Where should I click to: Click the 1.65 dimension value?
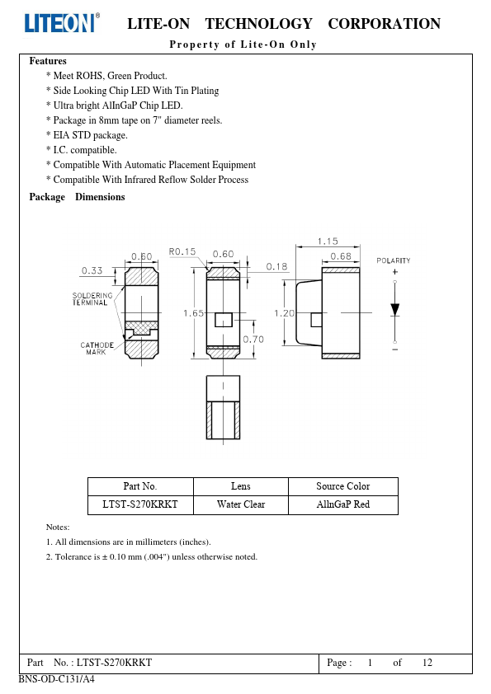click(194, 313)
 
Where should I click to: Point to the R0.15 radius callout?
click(182, 252)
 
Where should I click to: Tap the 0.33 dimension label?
click(92, 270)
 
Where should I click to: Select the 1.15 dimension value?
click(328, 241)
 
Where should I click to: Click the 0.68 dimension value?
click(341, 256)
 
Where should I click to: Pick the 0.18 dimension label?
click(276, 266)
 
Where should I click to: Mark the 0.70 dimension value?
click(253, 340)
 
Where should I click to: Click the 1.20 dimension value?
click(284, 313)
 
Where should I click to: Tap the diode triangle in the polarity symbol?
click(394, 310)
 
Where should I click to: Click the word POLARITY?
click(394, 260)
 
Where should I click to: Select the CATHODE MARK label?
click(97, 349)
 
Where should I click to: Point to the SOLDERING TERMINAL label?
click(92, 298)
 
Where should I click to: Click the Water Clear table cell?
click(241, 504)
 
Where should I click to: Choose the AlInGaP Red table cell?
click(343, 504)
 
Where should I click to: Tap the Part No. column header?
click(140, 486)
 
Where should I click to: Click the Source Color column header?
click(343, 486)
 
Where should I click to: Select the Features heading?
click(48, 61)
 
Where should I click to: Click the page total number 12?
click(427, 663)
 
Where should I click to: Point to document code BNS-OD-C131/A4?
click(56, 679)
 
